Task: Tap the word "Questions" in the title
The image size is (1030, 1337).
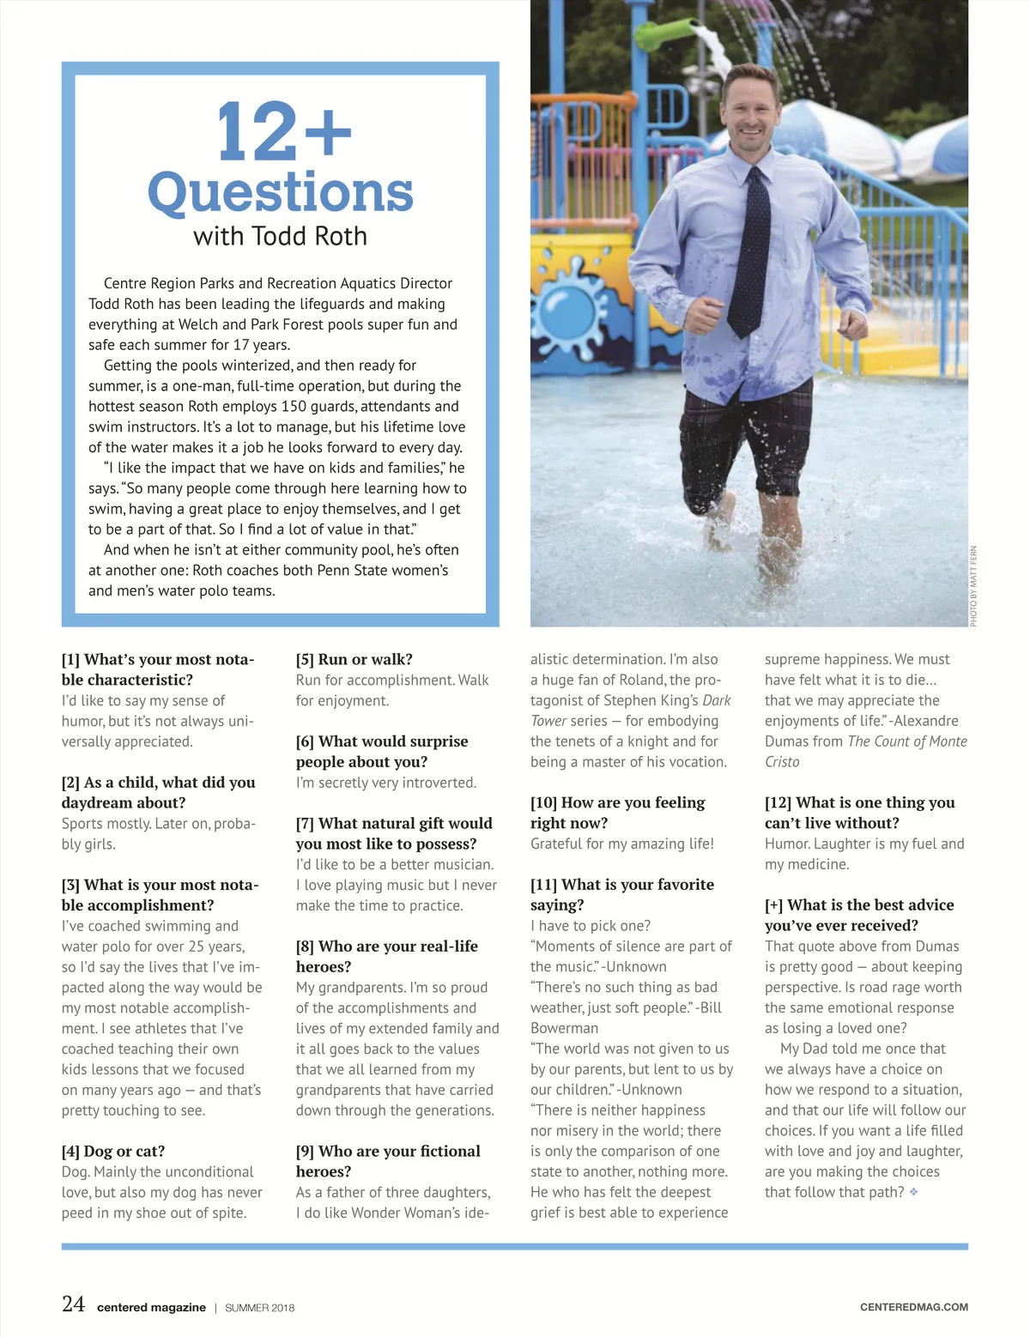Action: pos(281,192)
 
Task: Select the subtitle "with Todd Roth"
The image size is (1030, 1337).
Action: pos(280,236)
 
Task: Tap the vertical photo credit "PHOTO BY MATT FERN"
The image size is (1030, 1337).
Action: pos(973,586)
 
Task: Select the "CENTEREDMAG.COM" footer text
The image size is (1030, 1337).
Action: pos(913,1307)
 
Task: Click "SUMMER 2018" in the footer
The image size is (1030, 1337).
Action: pos(259,1308)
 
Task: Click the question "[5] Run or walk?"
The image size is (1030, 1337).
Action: pos(354,659)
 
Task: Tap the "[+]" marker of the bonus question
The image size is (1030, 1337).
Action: pos(773,904)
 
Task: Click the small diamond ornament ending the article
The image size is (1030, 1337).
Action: pos(913,1192)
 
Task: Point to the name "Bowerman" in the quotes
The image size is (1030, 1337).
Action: pos(564,1028)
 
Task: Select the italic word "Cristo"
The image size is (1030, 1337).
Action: pos(782,762)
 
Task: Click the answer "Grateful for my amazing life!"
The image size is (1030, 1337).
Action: pos(621,844)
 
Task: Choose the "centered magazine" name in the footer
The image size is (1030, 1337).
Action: pos(151,1308)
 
